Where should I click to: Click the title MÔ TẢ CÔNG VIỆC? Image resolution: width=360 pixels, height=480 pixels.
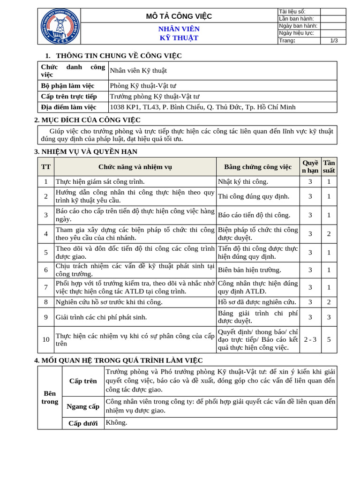click(x=179, y=16)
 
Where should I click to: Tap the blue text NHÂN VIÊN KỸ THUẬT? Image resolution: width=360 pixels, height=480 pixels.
click(x=179, y=33)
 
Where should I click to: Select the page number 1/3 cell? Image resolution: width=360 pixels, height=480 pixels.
click(x=334, y=41)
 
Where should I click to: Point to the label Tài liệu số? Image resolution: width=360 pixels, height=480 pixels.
click(x=292, y=11)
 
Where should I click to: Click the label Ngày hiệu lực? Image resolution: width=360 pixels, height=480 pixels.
click(x=296, y=33)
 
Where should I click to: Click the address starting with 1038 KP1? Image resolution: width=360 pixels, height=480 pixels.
click(x=202, y=107)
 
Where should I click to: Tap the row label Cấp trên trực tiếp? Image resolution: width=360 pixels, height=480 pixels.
click(x=69, y=96)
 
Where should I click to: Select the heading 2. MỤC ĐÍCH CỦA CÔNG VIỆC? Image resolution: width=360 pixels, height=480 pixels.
click(x=88, y=120)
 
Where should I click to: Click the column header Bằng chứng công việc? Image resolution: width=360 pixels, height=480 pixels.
click(x=258, y=167)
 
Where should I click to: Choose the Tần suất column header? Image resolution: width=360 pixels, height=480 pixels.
click(x=329, y=166)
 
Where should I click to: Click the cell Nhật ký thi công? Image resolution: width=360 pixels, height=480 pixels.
click(x=243, y=181)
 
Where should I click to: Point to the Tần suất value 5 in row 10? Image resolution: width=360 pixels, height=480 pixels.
click(x=329, y=339)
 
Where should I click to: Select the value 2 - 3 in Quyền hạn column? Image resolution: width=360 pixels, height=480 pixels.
click(x=310, y=339)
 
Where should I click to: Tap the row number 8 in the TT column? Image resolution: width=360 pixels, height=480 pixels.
click(x=46, y=302)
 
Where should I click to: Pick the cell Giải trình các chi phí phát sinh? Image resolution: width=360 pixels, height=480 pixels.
click(x=101, y=317)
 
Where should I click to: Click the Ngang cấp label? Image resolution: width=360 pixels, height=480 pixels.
click(x=83, y=406)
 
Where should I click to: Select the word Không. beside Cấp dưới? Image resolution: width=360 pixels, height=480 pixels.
click(x=116, y=423)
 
